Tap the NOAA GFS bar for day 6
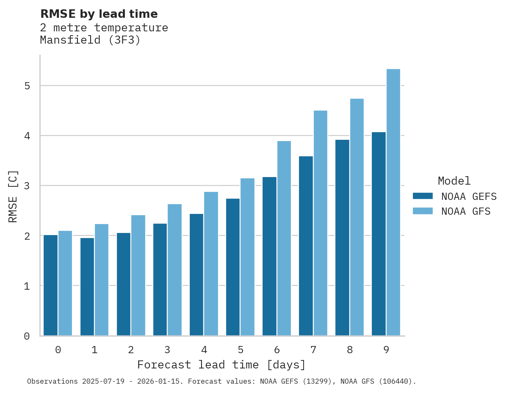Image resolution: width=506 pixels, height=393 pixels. click(284, 238)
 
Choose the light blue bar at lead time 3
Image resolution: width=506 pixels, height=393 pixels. click(175, 270)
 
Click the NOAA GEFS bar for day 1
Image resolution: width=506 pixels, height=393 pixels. click(87, 287)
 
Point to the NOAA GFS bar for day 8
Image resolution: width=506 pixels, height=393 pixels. click(357, 217)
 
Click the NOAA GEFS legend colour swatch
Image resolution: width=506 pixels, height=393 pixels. click(423, 196)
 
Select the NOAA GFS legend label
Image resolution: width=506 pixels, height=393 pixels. click(466, 211)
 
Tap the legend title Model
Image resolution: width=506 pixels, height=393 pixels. click(454, 181)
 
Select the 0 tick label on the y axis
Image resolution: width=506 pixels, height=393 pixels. click(27, 336)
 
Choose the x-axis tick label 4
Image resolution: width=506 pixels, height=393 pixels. click(204, 350)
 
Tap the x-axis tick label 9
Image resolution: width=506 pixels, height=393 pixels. click(386, 350)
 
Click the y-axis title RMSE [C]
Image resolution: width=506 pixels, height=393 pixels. click(14, 196)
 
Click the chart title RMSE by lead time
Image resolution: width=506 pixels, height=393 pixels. click(99, 14)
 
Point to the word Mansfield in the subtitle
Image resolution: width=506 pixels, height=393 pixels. click(71, 40)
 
